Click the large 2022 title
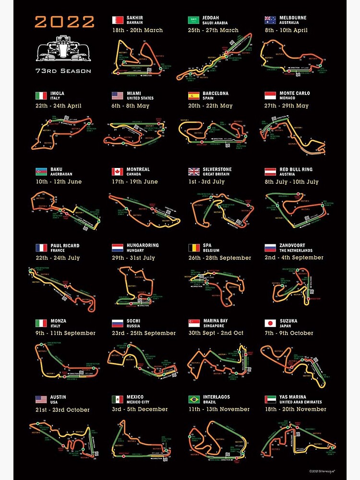pyautogui.click(x=65, y=22)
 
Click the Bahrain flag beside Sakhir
pyautogui.click(x=118, y=20)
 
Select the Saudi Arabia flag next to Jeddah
pyautogui.click(x=193, y=20)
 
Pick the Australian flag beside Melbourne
pyautogui.click(x=270, y=20)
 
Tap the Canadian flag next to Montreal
pyautogui.click(x=118, y=172)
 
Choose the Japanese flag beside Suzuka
pyautogui.click(x=270, y=323)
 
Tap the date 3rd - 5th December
pyautogui.click(x=140, y=409)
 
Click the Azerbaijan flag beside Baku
pyautogui.click(x=41, y=172)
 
